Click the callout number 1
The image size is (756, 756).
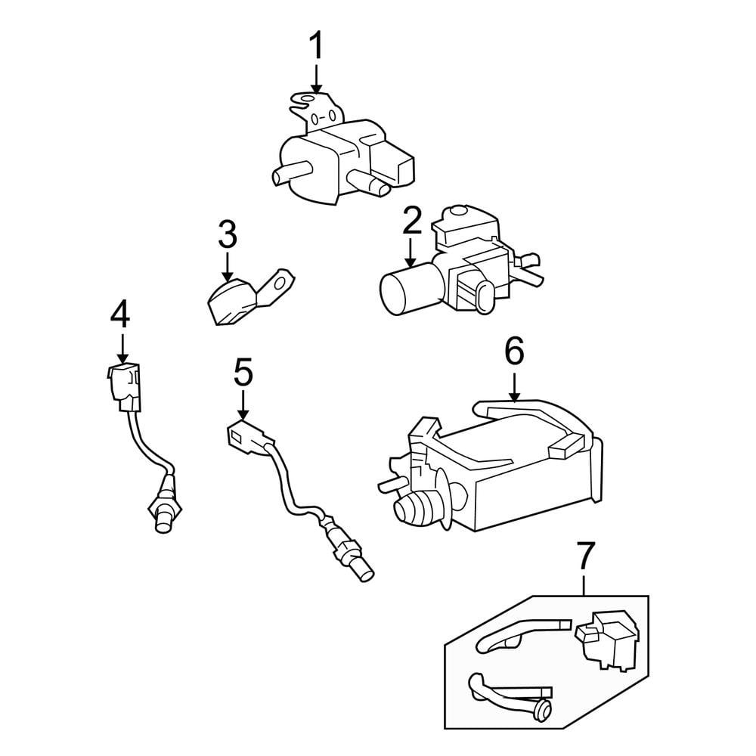point(315,47)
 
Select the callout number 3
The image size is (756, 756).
point(228,235)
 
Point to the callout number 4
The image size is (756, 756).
point(120,314)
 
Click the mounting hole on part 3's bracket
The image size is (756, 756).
point(280,285)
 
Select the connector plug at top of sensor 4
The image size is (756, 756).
point(122,382)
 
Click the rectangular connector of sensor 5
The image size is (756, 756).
point(246,436)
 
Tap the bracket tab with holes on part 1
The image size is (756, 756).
point(313,110)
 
